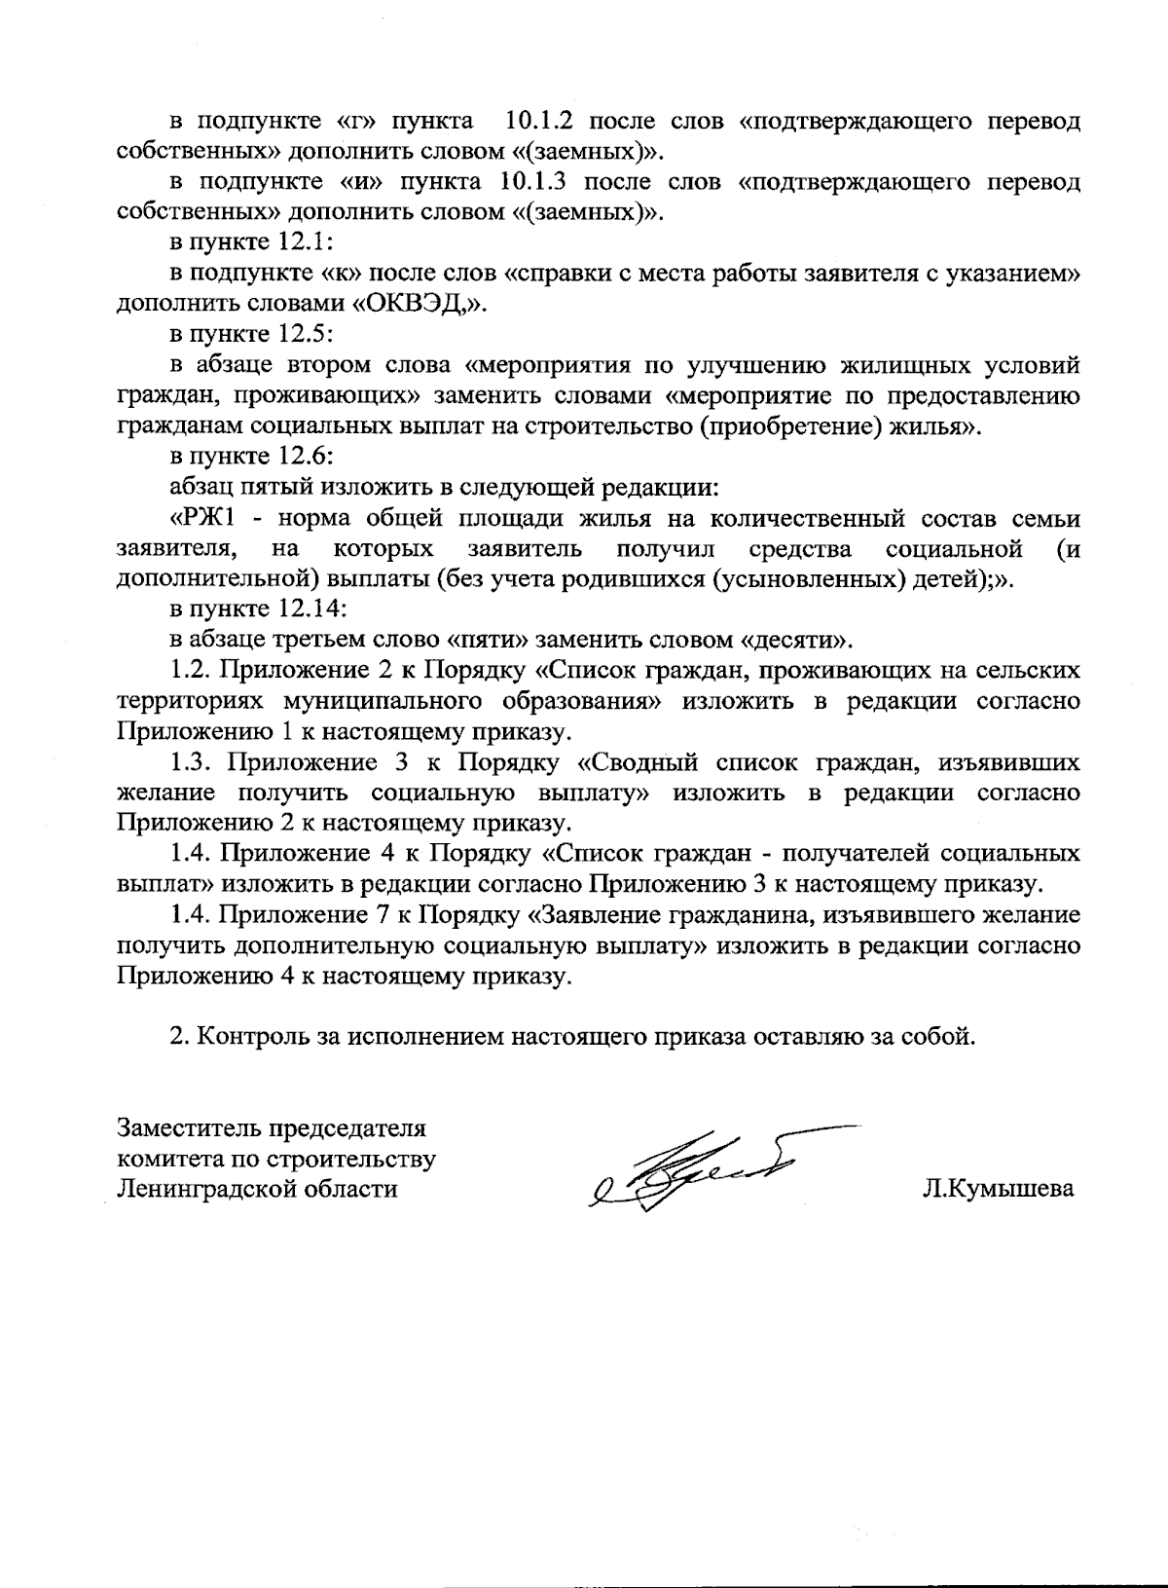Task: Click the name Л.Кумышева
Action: pyautogui.click(x=999, y=1190)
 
